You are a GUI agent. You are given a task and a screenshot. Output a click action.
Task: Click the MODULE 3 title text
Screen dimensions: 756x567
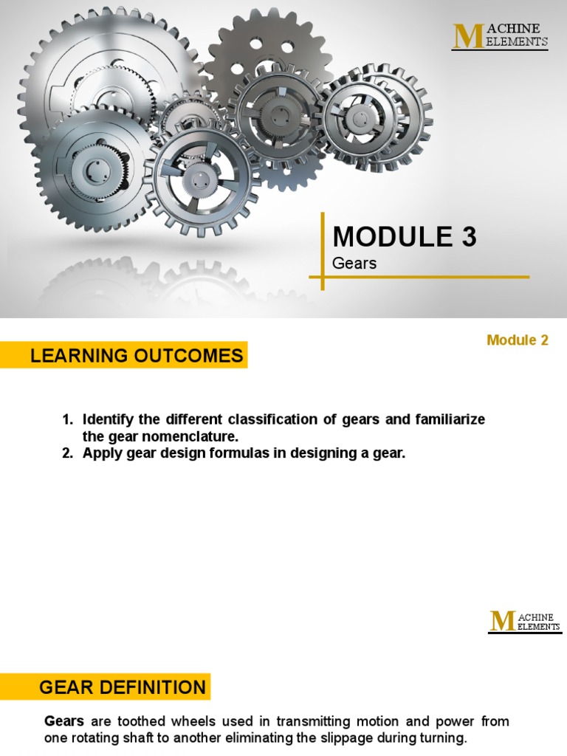click(x=405, y=237)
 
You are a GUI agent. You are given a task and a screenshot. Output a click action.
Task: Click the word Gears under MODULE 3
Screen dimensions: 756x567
click(x=354, y=264)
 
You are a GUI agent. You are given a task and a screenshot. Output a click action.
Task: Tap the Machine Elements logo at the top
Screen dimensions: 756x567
click(x=501, y=36)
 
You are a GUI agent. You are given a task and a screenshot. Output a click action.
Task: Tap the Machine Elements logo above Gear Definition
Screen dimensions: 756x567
click(x=524, y=622)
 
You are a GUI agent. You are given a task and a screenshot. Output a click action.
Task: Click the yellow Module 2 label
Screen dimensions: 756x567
click(x=518, y=340)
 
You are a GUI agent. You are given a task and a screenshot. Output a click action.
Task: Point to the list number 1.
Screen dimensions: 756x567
click(x=67, y=420)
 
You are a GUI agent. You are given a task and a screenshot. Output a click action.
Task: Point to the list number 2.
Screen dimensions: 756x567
click(x=67, y=454)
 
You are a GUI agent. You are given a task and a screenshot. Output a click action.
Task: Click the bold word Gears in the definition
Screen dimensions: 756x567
click(x=64, y=721)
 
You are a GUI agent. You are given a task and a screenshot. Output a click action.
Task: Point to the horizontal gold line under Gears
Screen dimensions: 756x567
click(x=421, y=278)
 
